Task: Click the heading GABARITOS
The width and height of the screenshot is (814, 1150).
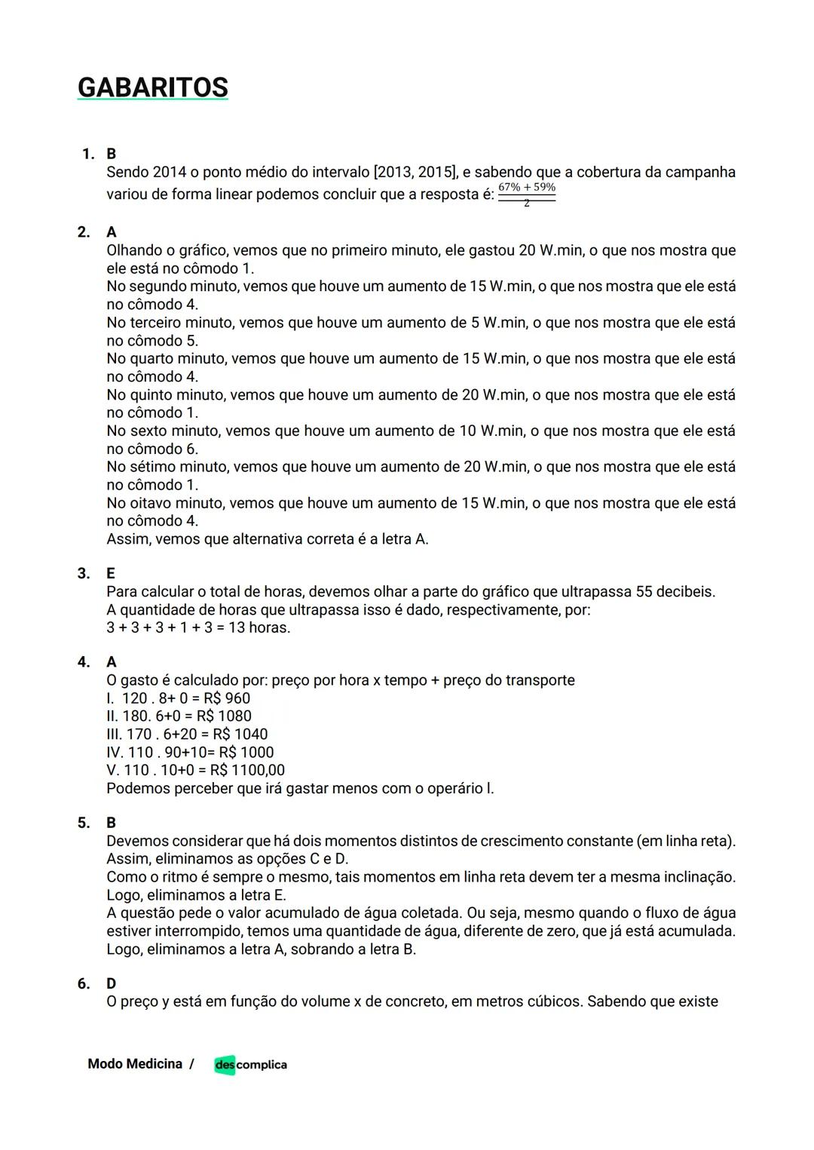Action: pyautogui.click(x=152, y=87)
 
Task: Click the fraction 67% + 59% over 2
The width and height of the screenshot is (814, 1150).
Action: pyautogui.click(x=527, y=194)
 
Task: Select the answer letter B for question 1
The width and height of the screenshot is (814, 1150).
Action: pyautogui.click(x=112, y=154)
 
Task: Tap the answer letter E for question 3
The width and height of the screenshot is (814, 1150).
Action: pyautogui.click(x=111, y=573)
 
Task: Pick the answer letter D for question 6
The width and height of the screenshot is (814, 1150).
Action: pyautogui.click(x=112, y=983)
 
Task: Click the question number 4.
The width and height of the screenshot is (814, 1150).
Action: pyautogui.click(x=84, y=662)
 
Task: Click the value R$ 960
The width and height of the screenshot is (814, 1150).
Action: pyautogui.click(x=227, y=698)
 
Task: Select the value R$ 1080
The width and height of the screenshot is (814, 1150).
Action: pyautogui.click(x=224, y=716)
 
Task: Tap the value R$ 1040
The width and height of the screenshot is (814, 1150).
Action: pyautogui.click(x=240, y=734)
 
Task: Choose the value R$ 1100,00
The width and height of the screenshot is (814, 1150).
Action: pyautogui.click(x=247, y=770)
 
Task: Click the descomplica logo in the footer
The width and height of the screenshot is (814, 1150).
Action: pyautogui.click(x=250, y=1064)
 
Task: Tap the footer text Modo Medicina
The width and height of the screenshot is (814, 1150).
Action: pyautogui.click(x=135, y=1064)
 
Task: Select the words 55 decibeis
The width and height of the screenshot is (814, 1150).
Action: pyautogui.click(x=675, y=591)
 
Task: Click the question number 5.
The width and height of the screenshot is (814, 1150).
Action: pyautogui.click(x=84, y=823)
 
